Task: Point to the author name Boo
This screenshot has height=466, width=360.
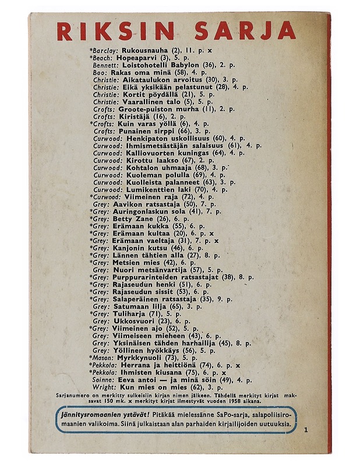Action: [x=100, y=72]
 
